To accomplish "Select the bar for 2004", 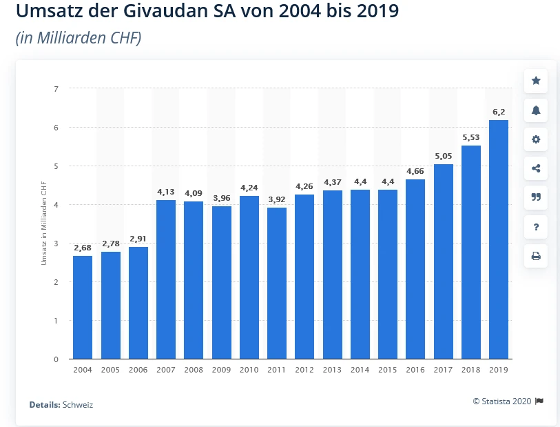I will click(x=83, y=308).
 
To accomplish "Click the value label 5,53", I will click(x=471, y=138).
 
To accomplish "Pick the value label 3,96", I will click(x=221, y=199).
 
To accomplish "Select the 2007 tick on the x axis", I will click(x=166, y=370).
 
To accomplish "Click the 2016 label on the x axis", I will click(x=415, y=370).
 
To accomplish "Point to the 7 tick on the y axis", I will click(x=56, y=89).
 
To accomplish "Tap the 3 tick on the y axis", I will click(x=56, y=244).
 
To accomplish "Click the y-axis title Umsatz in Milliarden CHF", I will click(x=43, y=224).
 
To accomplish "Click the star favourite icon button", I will click(x=536, y=81).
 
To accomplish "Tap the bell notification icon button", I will click(x=536, y=110).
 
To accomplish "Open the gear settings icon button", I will click(x=536, y=139).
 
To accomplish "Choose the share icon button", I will click(x=536, y=168).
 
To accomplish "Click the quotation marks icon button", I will click(x=536, y=197).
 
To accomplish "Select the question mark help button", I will click(x=536, y=227).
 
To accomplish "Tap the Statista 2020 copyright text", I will click(x=503, y=401).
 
